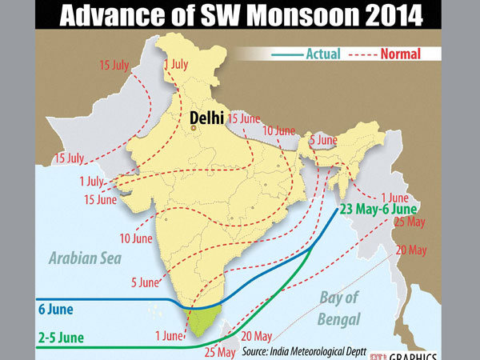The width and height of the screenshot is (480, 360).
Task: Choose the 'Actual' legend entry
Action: click(323, 54)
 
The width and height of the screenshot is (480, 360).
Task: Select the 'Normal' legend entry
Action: click(400, 54)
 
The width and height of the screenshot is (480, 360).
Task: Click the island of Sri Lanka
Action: click(236, 330)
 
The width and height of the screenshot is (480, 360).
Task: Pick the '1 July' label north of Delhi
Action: click(175, 64)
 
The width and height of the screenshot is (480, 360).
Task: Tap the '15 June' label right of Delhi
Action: click(244, 118)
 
